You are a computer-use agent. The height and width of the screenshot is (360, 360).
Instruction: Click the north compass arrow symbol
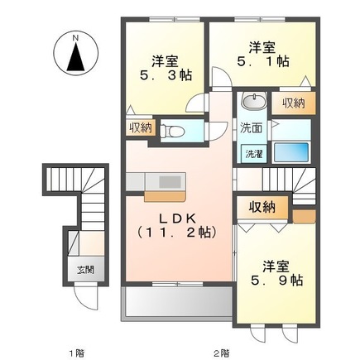click(74, 56)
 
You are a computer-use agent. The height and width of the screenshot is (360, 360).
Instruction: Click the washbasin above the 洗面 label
click(253, 103)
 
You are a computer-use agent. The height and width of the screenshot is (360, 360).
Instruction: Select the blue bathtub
click(291, 154)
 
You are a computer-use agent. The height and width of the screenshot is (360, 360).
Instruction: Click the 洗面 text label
click(251, 128)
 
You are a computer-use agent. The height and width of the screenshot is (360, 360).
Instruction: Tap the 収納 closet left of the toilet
click(139, 127)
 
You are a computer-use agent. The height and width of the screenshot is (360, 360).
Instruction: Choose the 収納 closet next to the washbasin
click(292, 103)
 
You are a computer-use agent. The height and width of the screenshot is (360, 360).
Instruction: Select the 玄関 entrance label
click(86, 269)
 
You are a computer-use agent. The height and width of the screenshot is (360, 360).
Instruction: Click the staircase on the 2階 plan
click(290, 180)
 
